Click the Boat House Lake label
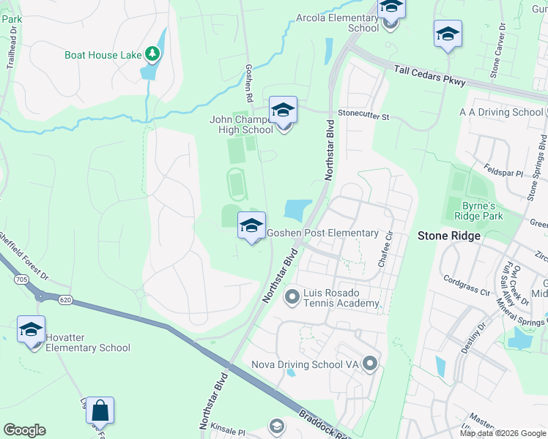[103, 55]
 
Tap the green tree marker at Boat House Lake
[152, 53]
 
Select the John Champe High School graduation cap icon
[283, 111]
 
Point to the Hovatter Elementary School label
[88, 343]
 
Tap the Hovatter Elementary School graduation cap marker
[32, 330]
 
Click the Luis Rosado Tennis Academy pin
[292, 296]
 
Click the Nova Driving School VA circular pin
[370, 363]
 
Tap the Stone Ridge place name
[448, 236]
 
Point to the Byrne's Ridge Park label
[482, 211]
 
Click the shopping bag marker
[100, 411]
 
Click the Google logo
[24, 430]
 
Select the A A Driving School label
[500, 112]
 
